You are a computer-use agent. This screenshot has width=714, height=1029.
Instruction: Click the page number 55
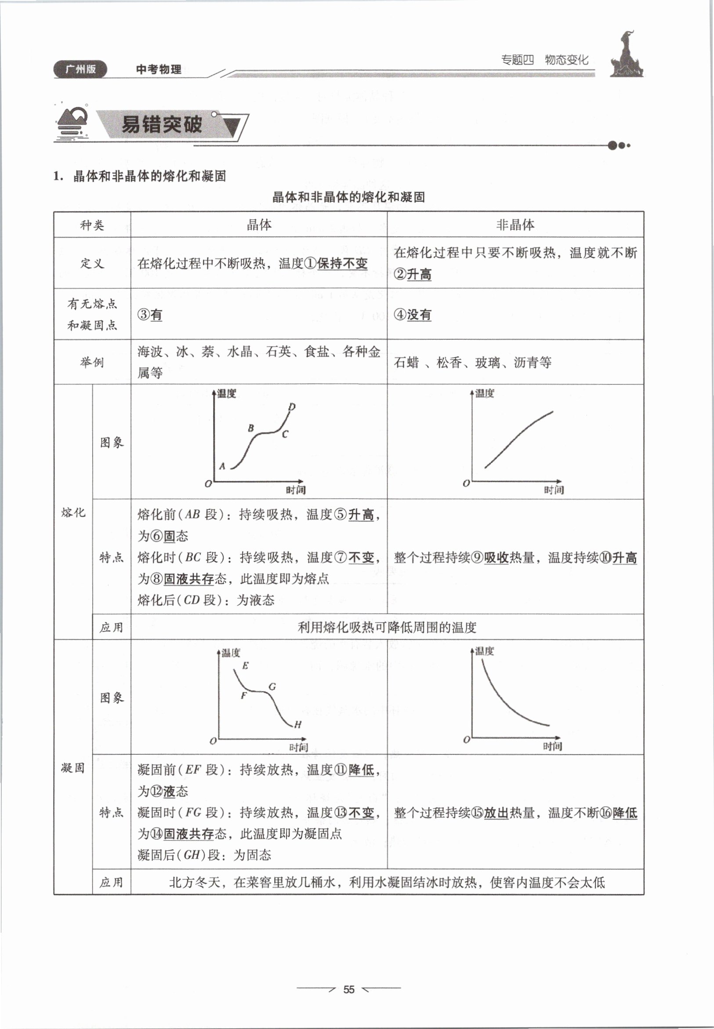[x=348, y=989]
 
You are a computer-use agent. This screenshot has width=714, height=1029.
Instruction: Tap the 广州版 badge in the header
[x=80, y=69]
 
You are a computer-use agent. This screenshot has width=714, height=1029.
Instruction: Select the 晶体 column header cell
[x=259, y=225]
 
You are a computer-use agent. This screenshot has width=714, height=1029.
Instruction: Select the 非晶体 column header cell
[x=515, y=225]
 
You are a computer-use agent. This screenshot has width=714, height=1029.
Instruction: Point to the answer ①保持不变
[x=336, y=264]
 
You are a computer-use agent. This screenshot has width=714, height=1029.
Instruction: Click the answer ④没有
[x=413, y=315]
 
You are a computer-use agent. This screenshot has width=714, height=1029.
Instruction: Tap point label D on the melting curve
[x=292, y=407]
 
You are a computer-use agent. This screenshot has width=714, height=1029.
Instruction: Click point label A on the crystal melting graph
[x=222, y=466]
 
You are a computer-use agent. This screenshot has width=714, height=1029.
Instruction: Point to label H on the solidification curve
[x=297, y=725]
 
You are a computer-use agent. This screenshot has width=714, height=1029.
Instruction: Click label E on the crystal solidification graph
[x=245, y=666]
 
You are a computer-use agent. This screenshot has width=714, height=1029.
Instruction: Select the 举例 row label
[x=92, y=362]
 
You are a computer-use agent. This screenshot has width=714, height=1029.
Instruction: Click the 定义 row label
[x=92, y=264]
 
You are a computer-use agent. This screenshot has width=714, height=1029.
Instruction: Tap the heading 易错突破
[x=162, y=124]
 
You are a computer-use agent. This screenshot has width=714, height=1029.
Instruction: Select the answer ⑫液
[x=163, y=791]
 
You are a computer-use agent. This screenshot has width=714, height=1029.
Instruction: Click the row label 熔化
[x=73, y=512]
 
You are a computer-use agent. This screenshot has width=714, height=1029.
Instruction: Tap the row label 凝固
[x=73, y=768]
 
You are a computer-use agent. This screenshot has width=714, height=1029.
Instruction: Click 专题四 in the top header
[x=517, y=60]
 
